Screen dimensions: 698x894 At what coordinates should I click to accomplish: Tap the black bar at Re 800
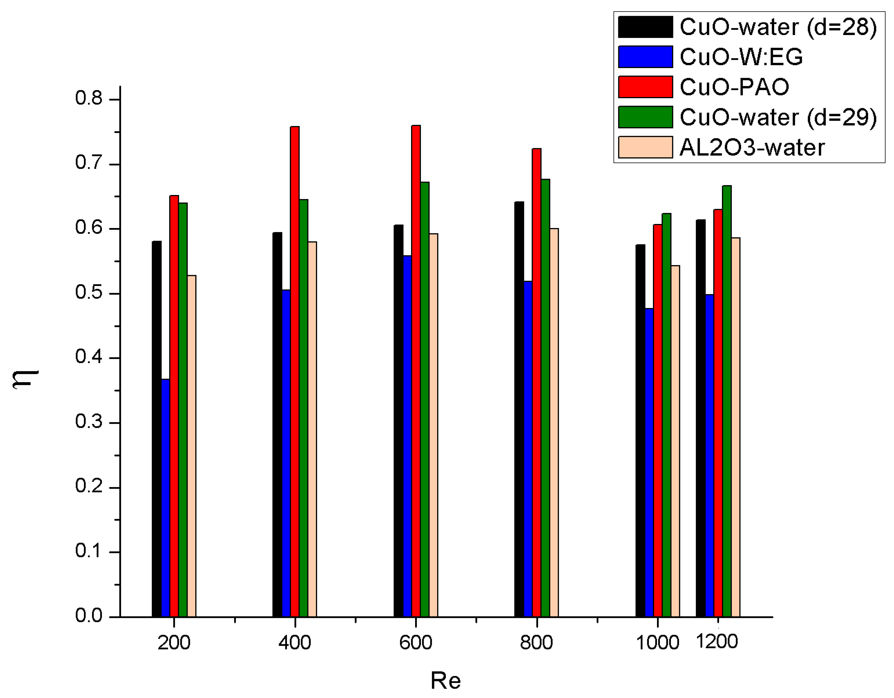[x=519, y=409]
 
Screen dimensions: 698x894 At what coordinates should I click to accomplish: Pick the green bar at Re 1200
[x=727, y=401]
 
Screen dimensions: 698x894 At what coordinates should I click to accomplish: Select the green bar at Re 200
[x=183, y=409]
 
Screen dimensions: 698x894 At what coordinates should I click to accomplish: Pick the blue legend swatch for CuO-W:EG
[x=645, y=57]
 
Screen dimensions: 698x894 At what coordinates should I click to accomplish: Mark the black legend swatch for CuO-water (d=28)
[x=645, y=27]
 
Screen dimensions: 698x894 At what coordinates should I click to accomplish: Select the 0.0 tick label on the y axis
[x=88, y=616]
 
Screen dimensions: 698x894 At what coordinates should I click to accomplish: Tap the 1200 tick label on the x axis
[x=717, y=641]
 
